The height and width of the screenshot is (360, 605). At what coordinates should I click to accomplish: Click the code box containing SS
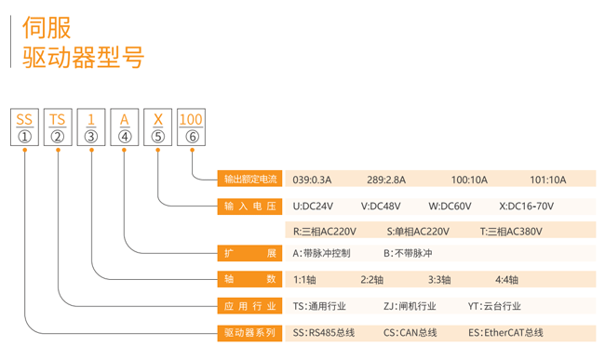24,119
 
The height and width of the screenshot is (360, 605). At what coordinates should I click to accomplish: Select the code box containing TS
58,119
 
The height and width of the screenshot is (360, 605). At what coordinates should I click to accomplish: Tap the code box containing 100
190,119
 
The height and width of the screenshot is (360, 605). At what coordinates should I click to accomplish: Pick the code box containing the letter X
157,119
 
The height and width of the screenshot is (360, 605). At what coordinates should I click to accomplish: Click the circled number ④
125,137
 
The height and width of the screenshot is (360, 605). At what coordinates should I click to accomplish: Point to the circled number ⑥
191,137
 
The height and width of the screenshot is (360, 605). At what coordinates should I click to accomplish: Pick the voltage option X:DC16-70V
526,206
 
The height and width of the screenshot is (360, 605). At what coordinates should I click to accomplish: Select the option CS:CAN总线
410,331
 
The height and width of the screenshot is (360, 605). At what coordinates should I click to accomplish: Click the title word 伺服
47,27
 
